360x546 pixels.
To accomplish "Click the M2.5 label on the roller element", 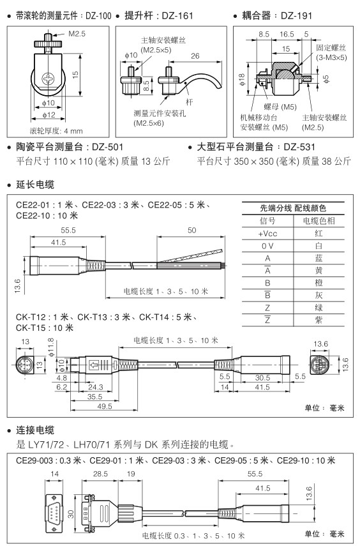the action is [x=77, y=34].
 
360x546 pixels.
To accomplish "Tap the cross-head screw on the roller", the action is [x=48, y=79].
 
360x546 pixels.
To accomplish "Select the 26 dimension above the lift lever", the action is [x=195, y=56].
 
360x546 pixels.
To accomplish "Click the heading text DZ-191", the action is [x=296, y=16].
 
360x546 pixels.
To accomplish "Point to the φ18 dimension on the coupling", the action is [x=243, y=79].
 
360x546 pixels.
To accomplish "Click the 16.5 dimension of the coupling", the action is [x=287, y=34].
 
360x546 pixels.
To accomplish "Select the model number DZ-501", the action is [x=108, y=147].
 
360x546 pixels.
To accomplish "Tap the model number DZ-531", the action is [x=299, y=147].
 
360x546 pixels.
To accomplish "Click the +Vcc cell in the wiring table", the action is [x=267, y=233].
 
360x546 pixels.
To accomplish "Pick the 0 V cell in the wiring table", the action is [x=267, y=246].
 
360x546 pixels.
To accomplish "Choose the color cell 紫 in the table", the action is [x=319, y=320].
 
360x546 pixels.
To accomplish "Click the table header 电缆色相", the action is [x=319, y=221].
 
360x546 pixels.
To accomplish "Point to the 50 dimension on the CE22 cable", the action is [x=192, y=230].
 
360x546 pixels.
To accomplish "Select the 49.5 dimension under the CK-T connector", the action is [x=105, y=406].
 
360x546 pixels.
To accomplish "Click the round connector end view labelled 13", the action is [x=25, y=365].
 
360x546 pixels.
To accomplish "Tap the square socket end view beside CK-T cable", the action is [x=320, y=365].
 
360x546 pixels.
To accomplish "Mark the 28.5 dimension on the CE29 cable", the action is [x=100, y=474].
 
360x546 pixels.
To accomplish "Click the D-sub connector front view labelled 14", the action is [x=54, y=513].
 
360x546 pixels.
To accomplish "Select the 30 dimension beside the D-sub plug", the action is [x=71, y=514].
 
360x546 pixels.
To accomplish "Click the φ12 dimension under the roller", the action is [x=49, y=115].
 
